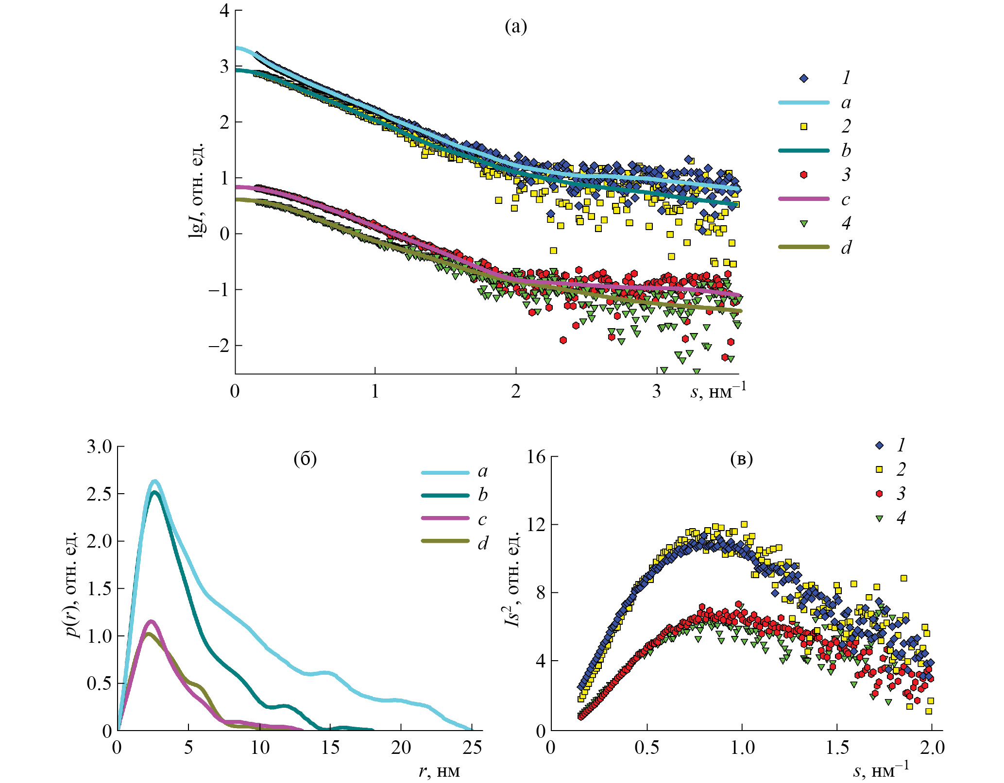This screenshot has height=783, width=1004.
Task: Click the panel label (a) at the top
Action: pos(515,27)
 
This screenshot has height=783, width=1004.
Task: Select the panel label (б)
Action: pos(305,459)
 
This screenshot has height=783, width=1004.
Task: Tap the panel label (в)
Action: pos(741,459)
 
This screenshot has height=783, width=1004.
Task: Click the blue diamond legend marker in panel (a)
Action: pos(803,78)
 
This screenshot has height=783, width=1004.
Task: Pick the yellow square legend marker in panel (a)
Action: pos(803,126)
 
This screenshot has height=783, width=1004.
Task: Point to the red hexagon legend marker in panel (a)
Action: pos(803,175)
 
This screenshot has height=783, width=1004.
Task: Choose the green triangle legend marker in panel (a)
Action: pos(803,223)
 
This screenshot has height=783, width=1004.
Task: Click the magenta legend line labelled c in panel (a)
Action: pos(803,199)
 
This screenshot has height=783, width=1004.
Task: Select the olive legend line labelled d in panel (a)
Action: pos(803,247)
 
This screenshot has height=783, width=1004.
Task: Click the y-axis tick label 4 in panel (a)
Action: pos(224,10)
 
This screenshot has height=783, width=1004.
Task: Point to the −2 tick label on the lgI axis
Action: pos(218,346)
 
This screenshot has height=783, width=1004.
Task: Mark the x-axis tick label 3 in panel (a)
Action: pos(656,391)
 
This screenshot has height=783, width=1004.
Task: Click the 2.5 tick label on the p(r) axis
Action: pos(99,494)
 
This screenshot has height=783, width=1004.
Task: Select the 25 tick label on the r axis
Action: pos(472,748)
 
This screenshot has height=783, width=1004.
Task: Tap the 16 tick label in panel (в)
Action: pos(536,457)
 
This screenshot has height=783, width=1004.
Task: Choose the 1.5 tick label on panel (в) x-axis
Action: pos(837,748)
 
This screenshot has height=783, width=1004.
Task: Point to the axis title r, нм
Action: pos(439,771)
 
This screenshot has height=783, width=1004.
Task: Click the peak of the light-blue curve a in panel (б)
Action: pos(154,481)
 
